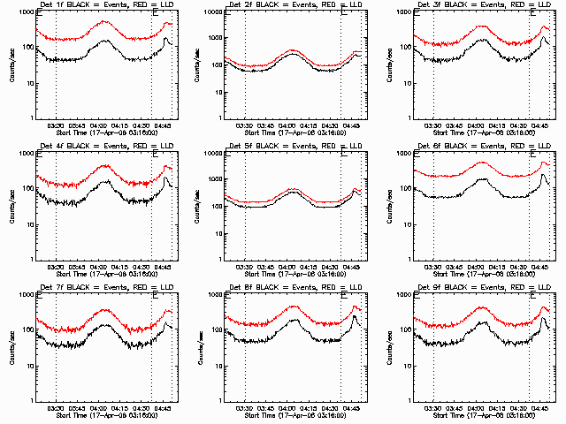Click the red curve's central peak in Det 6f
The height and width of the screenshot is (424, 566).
tap(483, 163)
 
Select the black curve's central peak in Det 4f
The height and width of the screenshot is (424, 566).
tap(107, 181)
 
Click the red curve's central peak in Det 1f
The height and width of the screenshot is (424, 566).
tap(104, 21)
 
